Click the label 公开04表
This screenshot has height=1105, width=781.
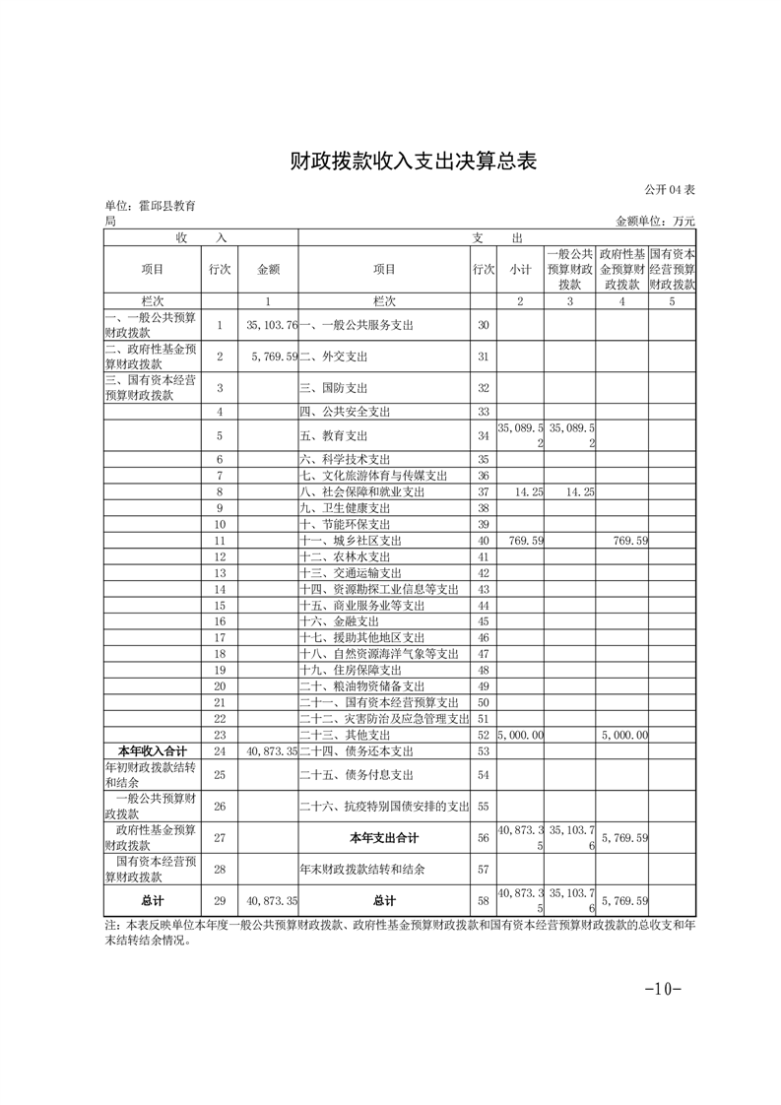[670, 189]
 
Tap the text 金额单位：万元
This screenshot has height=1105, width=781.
[655, 222]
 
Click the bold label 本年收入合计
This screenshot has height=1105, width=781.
[152, 751]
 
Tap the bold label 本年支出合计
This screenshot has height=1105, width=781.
[384, 838]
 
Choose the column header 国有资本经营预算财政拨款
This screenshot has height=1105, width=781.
[672, 269]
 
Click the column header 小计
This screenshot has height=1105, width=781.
[520, 269]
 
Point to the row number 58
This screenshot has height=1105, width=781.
[483, 900]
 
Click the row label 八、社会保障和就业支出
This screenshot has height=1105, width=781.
[361, 491]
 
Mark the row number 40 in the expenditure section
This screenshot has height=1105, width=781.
[483, 541]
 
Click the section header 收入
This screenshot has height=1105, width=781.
[201, 238]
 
